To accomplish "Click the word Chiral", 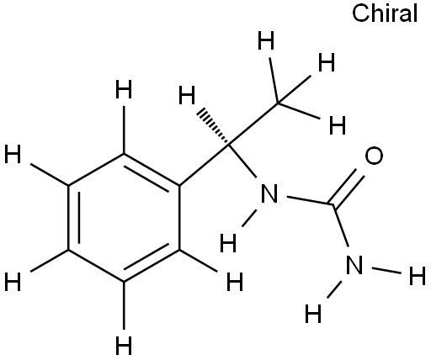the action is coord(385,13).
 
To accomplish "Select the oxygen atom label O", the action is coord(374,156).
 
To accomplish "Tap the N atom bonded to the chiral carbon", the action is coord(269,193).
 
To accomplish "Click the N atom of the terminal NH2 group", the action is coord(354,265).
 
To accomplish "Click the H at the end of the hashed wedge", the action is coord(187,95).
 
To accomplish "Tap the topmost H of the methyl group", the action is coord(266,40).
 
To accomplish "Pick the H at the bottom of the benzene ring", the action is coord(124,346).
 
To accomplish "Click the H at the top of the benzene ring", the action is coord(124,89).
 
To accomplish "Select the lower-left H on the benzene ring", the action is coord(13,282).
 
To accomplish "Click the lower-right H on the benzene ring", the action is coord(235,282).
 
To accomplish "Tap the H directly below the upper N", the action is coord(228,243).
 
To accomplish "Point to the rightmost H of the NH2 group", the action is coord(418,276).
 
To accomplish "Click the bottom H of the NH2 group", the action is coord(313,314).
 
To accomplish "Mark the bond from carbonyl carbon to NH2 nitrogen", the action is coord(341,226).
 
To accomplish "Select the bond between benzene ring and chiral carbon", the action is coord(205,166).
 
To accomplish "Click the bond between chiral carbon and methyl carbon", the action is coord(254,124).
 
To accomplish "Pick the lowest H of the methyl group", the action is coord(338,125).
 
